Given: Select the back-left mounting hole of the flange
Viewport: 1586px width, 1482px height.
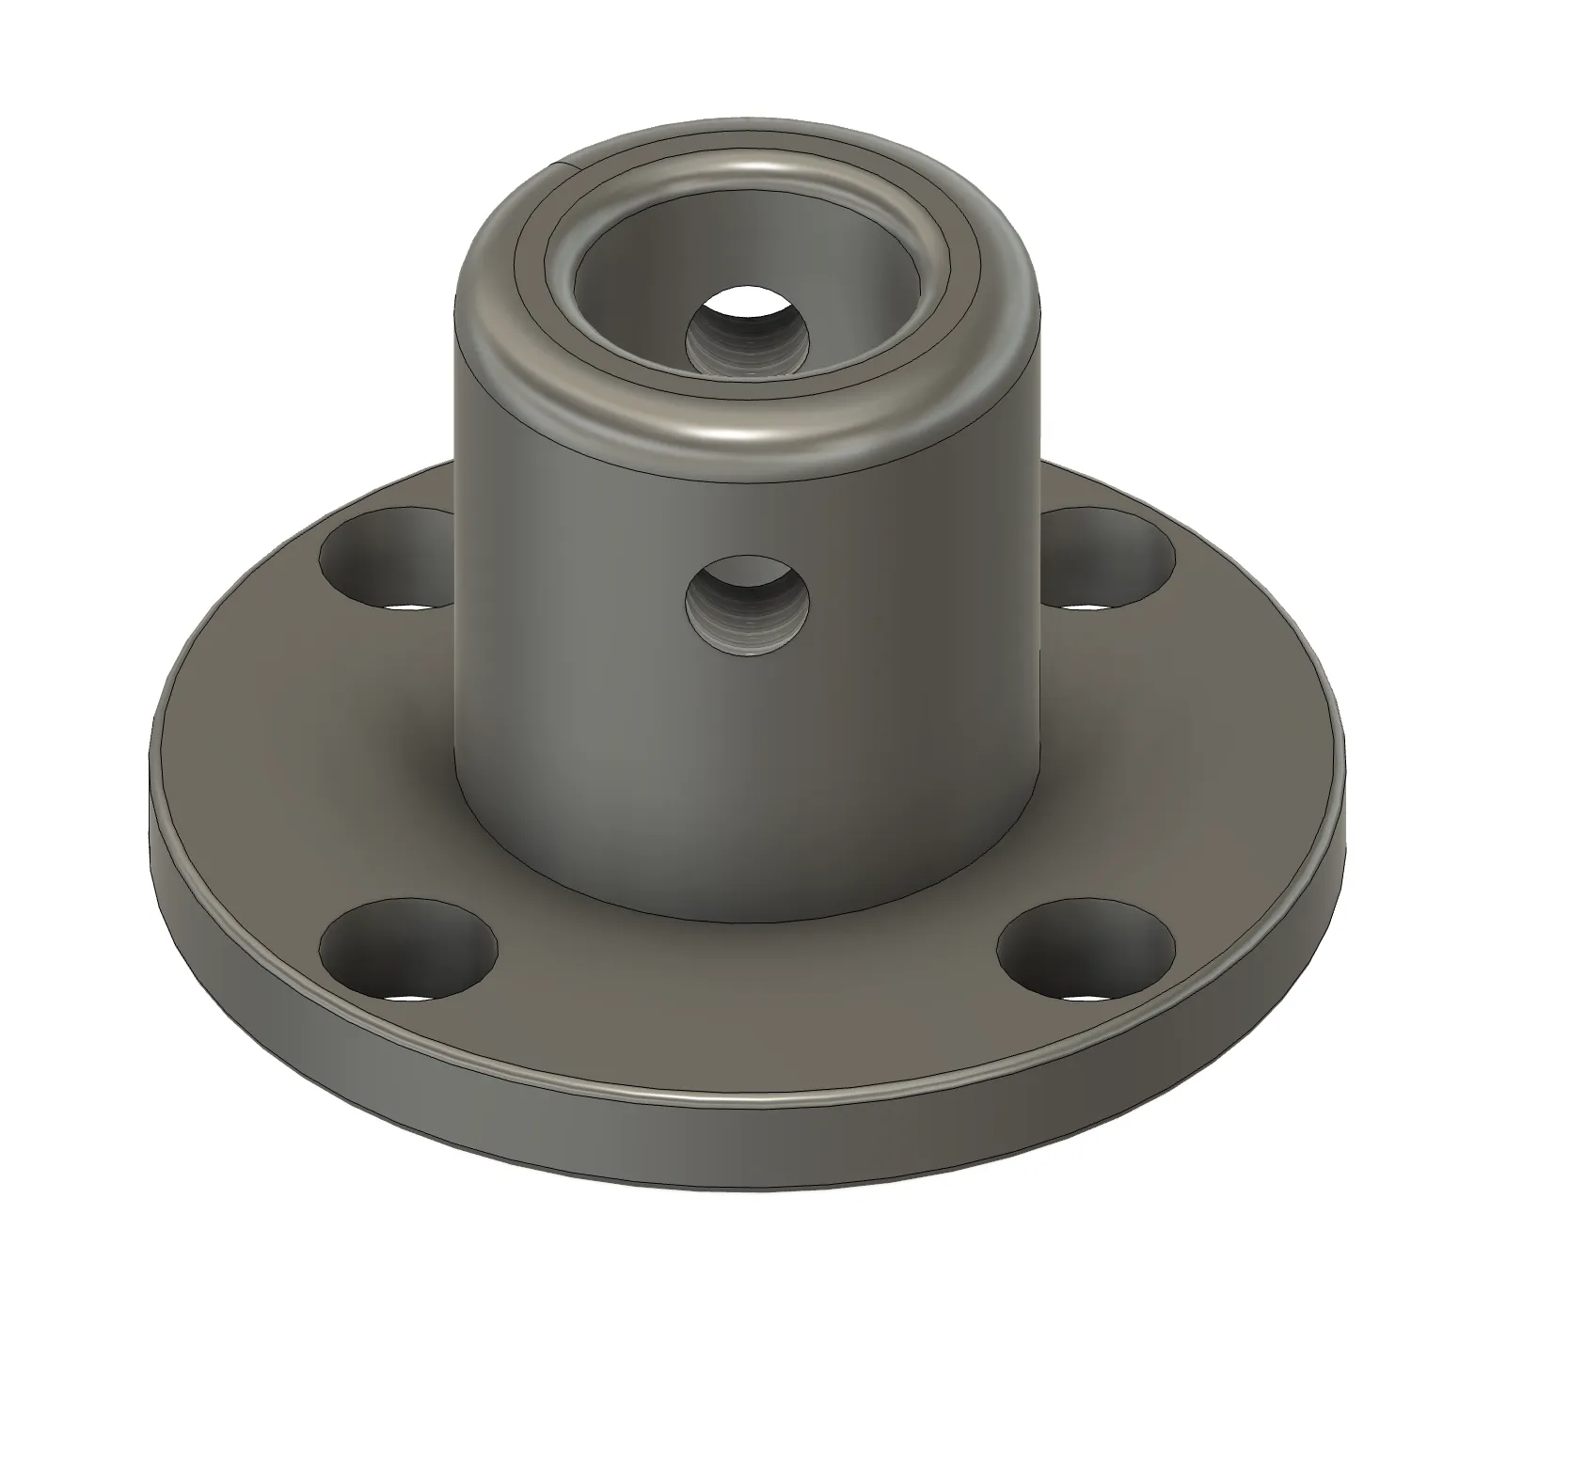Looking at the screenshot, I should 386,560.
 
